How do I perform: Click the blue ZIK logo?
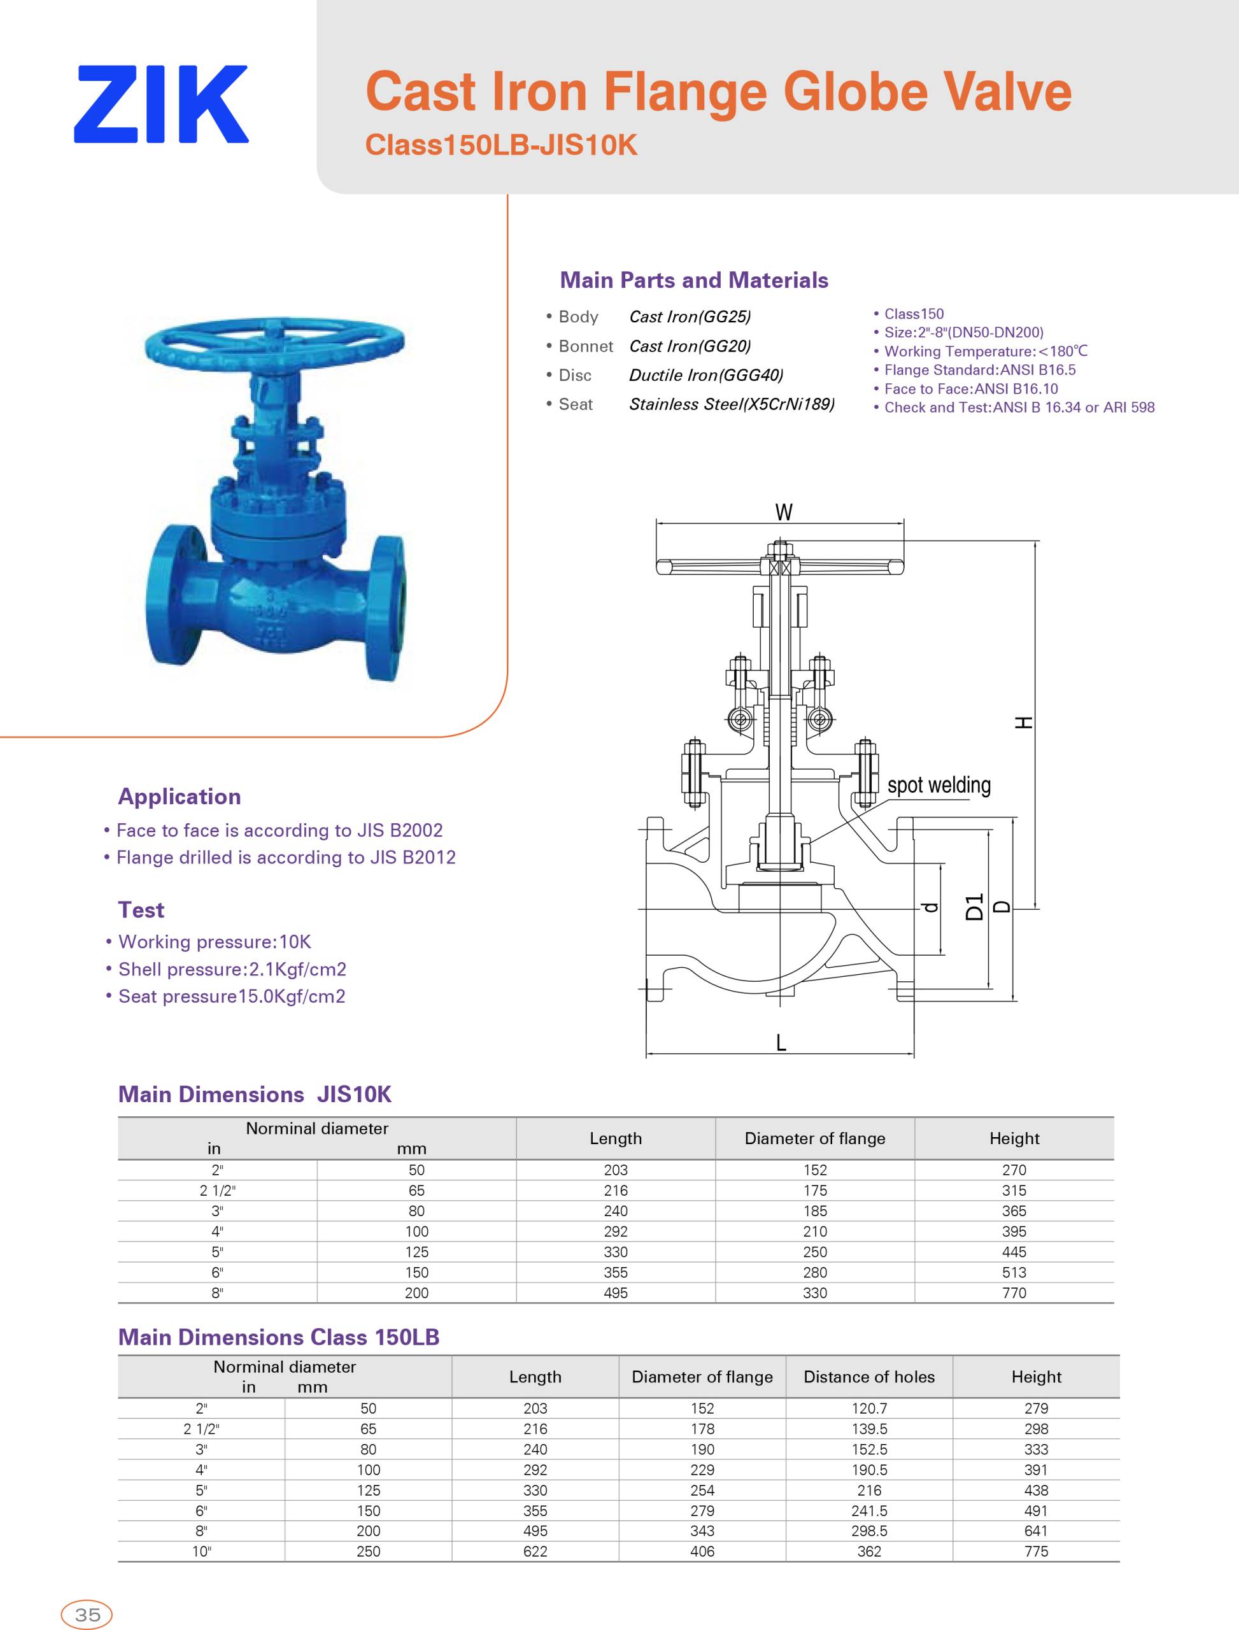click(161, 104)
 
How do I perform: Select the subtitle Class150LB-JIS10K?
click(501, 145)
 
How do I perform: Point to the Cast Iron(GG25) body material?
click(690, 317)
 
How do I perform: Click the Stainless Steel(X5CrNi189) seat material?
click(732, 404)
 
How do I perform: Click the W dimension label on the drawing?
click(784, 512)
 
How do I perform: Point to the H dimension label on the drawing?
click(1023, 723)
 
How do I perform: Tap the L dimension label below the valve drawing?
click(781, 1042)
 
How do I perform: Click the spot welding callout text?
click(939, 786)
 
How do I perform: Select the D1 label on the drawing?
click(975, 907)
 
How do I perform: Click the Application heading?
click(179, 797)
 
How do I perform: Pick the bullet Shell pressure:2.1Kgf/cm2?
click(232, 969)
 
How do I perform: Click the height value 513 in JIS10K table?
click(1014, 1272)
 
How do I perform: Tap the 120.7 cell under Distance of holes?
click(869, 1408)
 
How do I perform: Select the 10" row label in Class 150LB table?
click(201, 1552)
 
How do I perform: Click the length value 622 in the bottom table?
click(535, 1552)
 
